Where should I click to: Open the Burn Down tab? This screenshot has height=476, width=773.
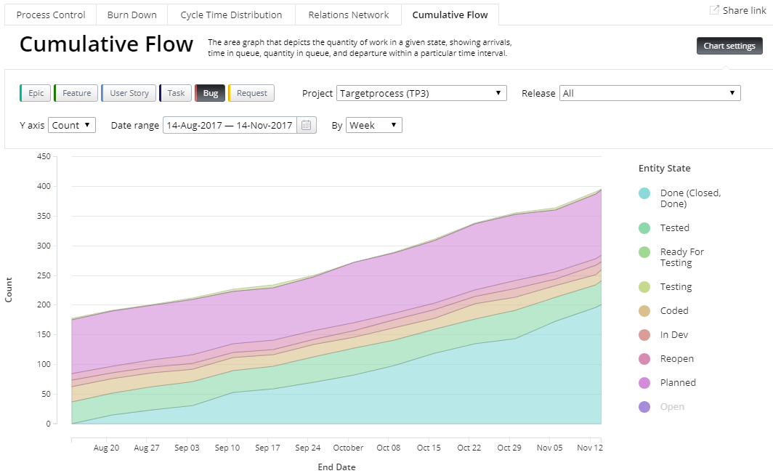tap(131, 15)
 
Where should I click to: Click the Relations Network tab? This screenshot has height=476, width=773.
tap(348, 15)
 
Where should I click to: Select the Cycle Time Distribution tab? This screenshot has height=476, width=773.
tap(231, 15)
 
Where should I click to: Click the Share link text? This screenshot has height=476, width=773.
tap(743, 10)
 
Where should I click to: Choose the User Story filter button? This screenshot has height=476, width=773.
tap(129, 93)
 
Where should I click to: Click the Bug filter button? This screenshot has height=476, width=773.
tap(210, 93)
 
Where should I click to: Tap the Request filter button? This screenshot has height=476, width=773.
tap(251, 93)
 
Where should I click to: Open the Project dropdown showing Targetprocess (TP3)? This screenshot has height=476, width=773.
tap(421, 93)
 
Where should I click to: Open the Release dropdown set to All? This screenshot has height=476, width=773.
tap(649, 93)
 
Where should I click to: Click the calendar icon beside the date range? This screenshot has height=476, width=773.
tap(307, 125)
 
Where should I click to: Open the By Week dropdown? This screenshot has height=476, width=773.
tap(373, 125)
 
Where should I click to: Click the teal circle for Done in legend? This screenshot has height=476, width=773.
tap(644, 193)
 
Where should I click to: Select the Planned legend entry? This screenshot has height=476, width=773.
tap(677, 383)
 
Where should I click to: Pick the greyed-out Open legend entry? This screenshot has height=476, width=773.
tap(672, 407)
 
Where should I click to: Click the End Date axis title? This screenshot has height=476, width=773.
tap(336, 467)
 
